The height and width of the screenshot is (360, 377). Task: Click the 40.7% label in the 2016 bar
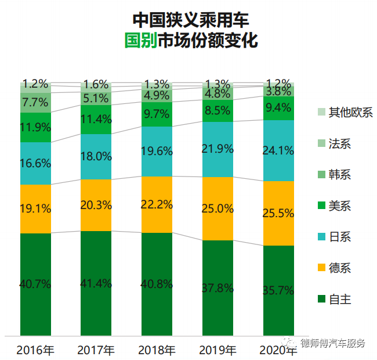pyautogui.click(x=35, y=285)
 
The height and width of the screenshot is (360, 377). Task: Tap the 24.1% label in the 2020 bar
pyautogui.click(x=278, y=150)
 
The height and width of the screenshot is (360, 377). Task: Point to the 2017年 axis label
pyautogui.click(x=96, y=350)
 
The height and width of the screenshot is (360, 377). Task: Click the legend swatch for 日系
pyautogui.click(x=321, y=237)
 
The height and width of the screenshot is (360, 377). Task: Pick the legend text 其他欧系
pyautogui.click(x=350, y=112)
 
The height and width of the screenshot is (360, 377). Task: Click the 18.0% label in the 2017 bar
pyautogui.click(x=96, y=156)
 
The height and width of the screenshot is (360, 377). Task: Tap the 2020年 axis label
pyautogui.click(x=278, y=350)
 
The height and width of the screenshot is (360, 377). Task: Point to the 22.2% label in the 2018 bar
pyautogui.click(x=157, y=204)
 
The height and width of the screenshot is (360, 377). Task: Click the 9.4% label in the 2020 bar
pyautogui.click(x=278, y=107)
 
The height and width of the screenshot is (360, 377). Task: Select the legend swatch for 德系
pyautogui.click(x=321, y=268)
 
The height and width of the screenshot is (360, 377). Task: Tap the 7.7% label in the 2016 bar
pyautogui.click(x=35, y=103)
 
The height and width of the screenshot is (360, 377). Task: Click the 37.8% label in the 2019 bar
pyautogui.click(x=217, y=288)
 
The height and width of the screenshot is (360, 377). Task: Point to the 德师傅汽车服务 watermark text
pyautogui.click(x=333, y=343)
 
